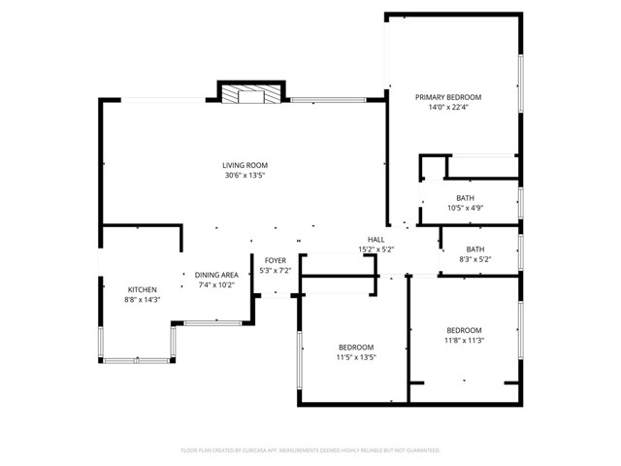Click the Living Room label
coord(245,165)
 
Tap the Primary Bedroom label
coord(448,97)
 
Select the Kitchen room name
coord(143,289)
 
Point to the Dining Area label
coord(216,275)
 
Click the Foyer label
coord(275,260)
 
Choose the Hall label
coord(376,239)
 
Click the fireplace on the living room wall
coord(251,94)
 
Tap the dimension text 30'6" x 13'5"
coord(245,176)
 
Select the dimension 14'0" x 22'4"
coord(448,108)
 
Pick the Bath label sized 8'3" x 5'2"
coord(474,249)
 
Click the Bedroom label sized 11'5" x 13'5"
coord(356,347)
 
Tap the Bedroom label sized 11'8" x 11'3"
coord(464,330)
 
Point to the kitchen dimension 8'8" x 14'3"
coord(143,300)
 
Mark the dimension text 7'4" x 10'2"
coord(216,285)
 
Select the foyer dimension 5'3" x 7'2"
coord(275,271)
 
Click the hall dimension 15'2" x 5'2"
coord(376,250)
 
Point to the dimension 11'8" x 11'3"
coord(464,341)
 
